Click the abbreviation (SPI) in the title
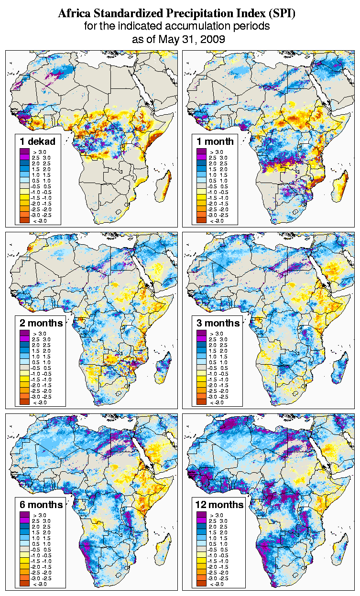click(x=282, y=14)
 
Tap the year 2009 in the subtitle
click(x=213, y=39)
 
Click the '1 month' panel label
click(x=215, y=141)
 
